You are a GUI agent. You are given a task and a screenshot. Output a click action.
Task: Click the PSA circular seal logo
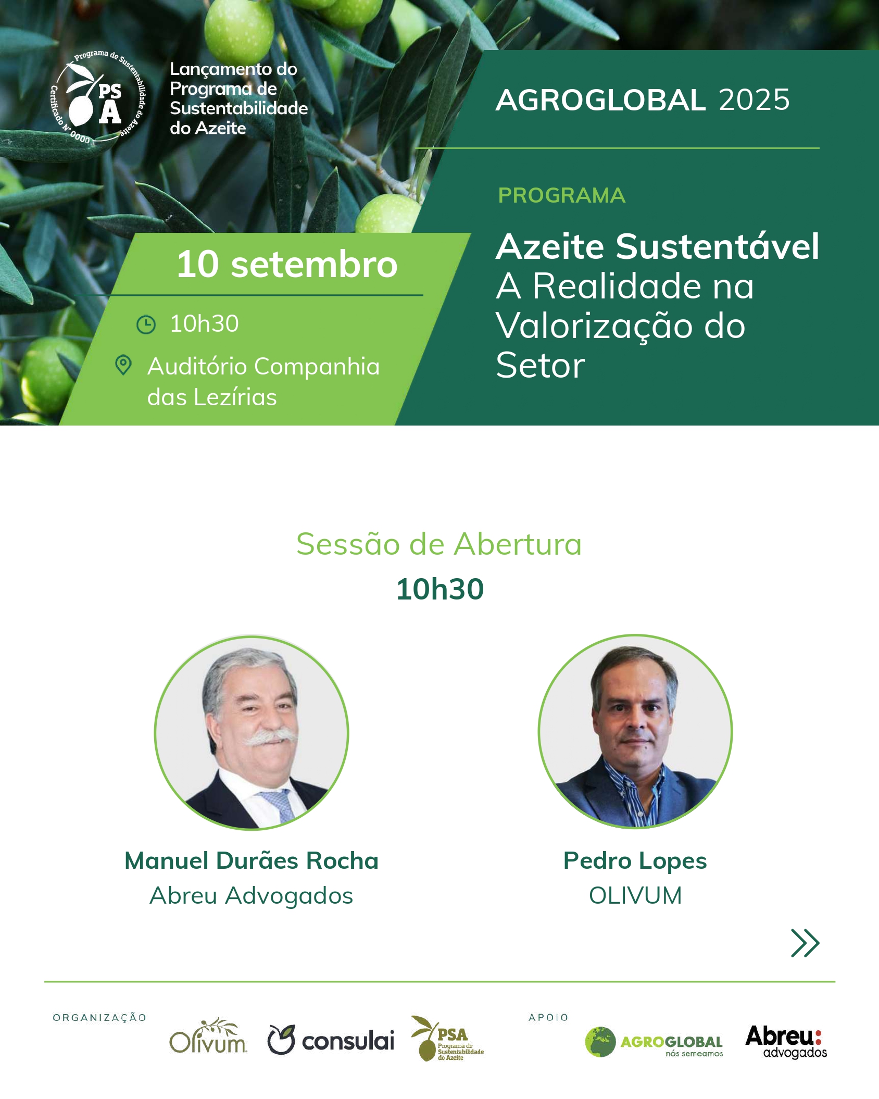[98, 97]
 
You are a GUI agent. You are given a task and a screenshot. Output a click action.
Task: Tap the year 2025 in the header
[754, 99]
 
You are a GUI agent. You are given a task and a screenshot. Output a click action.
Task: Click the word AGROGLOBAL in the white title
[601, 100]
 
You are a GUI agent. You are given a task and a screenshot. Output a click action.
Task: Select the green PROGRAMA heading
[561, 195]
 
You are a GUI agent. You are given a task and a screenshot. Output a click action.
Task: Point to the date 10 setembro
[287, 264]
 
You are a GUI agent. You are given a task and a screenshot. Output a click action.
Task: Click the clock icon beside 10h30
[146, 324]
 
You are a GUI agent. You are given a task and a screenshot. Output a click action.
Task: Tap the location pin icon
[123, 365]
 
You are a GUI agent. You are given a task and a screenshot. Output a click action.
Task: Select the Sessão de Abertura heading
[439, 544]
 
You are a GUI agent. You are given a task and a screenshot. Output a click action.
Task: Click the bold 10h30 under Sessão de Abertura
[440, 589]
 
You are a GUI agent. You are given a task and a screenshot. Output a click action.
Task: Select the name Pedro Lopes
[635, 861]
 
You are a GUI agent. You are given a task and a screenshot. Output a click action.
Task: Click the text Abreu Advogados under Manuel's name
[252, 896]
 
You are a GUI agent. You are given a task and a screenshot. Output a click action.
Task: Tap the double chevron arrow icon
[805, 943]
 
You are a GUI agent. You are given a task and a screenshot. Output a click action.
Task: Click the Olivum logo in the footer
[208, 1036]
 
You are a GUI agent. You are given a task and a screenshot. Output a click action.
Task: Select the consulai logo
[331, 1040]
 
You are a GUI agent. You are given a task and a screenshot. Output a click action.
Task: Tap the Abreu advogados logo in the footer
[786, 1042]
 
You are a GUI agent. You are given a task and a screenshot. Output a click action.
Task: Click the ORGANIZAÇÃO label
[99, 1018]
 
